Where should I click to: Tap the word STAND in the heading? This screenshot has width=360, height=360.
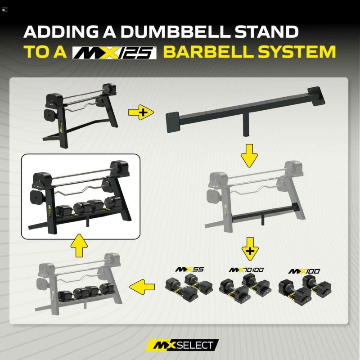266,31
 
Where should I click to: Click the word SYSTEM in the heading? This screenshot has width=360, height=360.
297,52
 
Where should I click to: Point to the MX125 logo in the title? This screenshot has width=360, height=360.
114,53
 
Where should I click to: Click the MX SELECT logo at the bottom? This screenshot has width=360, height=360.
182,345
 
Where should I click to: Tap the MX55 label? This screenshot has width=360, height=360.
189,269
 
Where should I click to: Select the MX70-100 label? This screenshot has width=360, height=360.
246,270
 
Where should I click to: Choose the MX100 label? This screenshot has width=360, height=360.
304,271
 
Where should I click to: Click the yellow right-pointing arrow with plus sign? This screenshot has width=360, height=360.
141,112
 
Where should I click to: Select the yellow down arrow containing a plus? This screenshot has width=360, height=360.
250,249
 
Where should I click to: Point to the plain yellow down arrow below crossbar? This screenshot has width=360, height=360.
249,156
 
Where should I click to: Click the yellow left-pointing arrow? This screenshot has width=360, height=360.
142,287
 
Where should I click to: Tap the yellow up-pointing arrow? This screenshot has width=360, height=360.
79,245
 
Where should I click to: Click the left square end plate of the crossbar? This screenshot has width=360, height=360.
173,122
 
